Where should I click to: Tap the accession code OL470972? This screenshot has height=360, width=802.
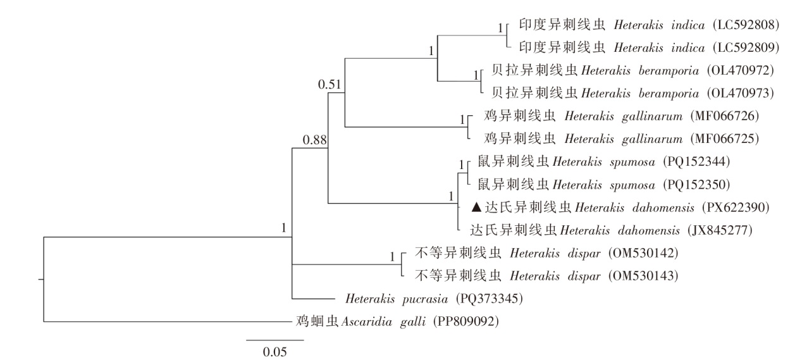739,70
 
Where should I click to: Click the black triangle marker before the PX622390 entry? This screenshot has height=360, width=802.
478,206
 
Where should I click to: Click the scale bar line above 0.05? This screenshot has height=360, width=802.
275,340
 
